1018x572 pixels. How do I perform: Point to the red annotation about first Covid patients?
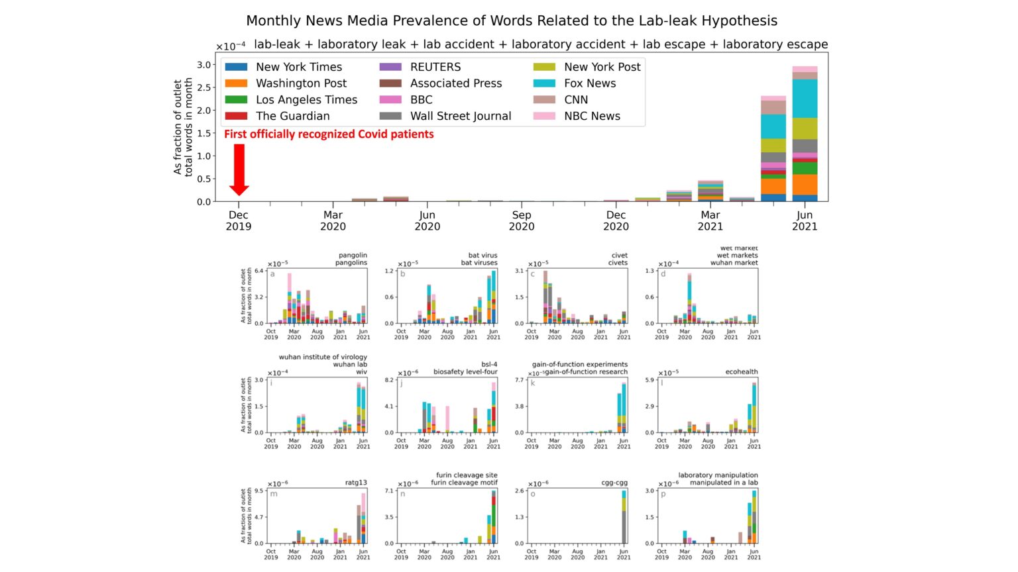pos(329,134)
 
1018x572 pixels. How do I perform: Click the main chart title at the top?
pos(512,21)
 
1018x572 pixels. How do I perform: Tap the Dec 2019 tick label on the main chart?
pos(239,220)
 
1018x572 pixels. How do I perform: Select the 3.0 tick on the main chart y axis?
pos(204,65)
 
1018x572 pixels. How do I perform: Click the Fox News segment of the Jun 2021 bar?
pos(805,99)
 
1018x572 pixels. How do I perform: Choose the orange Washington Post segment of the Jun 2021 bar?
pos(805,184)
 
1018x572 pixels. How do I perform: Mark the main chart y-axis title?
pos(183,127)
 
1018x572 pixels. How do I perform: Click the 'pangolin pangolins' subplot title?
pos(352,259)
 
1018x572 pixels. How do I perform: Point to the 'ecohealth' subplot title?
pos(741,371)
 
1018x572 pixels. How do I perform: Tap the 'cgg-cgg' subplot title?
pos(614,483)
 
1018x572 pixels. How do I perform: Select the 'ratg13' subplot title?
pos(356,483)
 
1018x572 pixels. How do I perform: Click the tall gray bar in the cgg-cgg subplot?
pos(624,526)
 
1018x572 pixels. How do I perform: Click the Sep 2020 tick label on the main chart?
pos(522,220)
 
